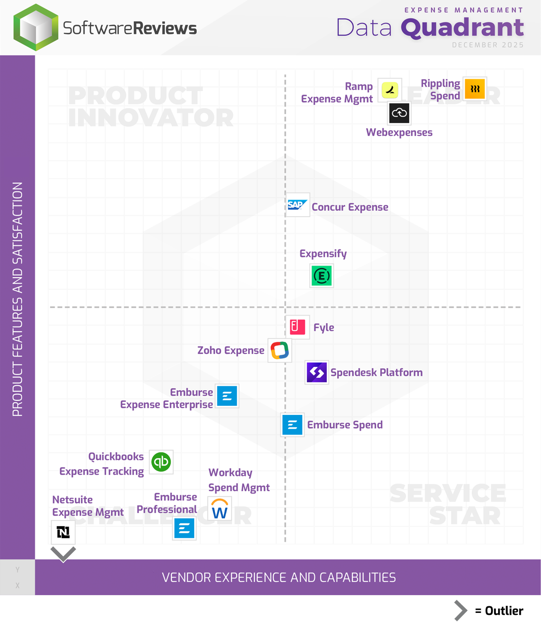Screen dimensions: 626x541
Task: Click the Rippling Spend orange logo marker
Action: (x=475, y=89)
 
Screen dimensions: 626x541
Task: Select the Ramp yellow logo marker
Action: (x=390, y=90)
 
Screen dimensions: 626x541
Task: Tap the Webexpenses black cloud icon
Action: (x=399, y=113)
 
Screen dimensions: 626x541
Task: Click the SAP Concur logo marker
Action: (x=297, y=205)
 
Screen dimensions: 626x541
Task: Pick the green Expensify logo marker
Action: (x=322, y=276)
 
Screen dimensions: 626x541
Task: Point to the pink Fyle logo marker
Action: (x=297, y=327)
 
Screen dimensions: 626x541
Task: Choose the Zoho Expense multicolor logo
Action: (x=280, y=350)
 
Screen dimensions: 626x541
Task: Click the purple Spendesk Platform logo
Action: (x=317, y=373)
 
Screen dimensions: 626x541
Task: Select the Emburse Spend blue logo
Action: (x=292, y=425)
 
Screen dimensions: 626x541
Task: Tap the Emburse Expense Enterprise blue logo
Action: (x=227, y=396)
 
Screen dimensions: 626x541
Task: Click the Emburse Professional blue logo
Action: (x=185, y=529)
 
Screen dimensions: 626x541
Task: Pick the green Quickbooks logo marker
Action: (x=161, y=462)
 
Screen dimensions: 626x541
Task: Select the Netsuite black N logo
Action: (x=63, y=533)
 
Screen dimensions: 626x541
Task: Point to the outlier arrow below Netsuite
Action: (x=63, y=554)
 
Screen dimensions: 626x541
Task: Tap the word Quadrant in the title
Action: (x=462, y=28)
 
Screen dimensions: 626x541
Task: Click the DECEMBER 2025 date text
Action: (x=487, y=45)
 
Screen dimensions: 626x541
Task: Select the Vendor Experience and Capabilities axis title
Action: (x=279, y=578)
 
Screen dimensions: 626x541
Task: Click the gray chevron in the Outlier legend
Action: (x=460, y=611)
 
